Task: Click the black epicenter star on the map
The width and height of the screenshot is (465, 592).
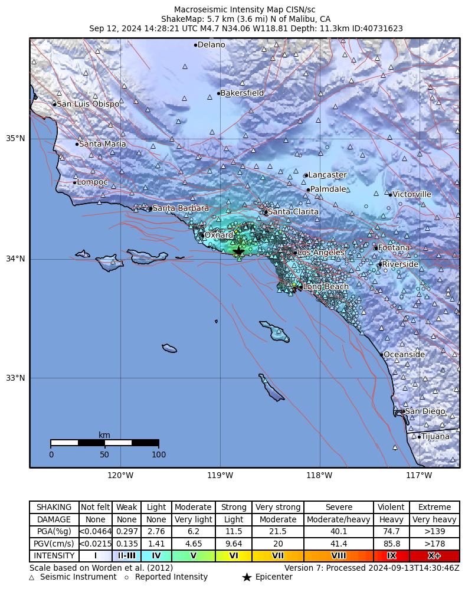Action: (238, 251)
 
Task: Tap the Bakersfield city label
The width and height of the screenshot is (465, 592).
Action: (242, 93)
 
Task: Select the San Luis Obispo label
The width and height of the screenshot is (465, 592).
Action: (88, 104)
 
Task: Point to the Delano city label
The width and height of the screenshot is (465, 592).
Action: (211, 45)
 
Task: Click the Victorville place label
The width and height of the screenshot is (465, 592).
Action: (412, 194)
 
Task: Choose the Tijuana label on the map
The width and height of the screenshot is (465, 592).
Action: (435, 437)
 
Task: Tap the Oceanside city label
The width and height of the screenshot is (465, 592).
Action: (404, 355)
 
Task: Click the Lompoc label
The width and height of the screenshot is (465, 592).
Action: (93, 182)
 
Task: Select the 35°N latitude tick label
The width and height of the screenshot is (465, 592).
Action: (15, 139)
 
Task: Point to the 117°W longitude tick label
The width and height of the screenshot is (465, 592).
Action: (419, 475)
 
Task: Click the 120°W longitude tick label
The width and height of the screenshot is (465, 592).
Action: (120, 475)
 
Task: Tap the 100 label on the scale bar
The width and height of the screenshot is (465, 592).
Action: (159, 455)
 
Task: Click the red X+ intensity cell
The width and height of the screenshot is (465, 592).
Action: (434, 556)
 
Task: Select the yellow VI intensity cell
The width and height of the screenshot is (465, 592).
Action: (234, 556)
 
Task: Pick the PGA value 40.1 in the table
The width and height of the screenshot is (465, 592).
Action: (339, 532)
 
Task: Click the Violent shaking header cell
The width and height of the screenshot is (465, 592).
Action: (391, 508)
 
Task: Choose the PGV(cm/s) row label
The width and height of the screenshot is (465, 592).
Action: (54, 544)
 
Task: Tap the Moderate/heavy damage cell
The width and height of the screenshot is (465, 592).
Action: (339, 520)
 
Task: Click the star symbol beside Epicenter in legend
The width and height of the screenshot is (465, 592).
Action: (247, 577)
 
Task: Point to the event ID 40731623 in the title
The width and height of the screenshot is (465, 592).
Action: (384, 28)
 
